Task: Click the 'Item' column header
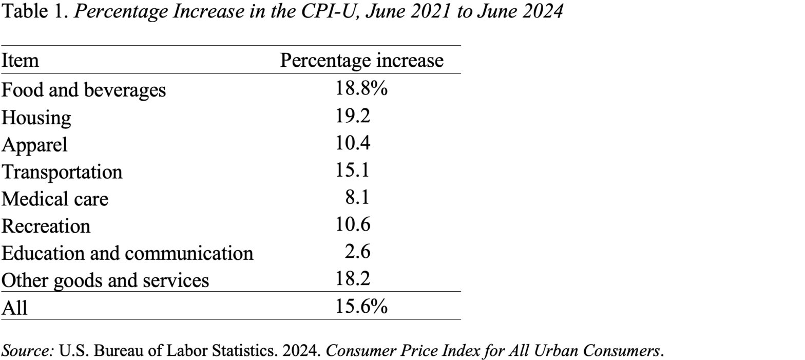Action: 20,61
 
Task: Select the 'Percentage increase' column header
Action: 361,61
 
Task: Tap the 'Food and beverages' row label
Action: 83,90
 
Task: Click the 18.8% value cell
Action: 361,88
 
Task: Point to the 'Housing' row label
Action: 36,118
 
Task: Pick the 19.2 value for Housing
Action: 353,116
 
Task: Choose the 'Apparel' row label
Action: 34,144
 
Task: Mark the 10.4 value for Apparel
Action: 353,143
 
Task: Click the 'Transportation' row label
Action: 62,172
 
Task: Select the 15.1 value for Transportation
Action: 353,170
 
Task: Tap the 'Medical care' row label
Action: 55,199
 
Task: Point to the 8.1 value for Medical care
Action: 358,197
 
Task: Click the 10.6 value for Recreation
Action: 353,224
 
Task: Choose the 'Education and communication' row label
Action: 127,253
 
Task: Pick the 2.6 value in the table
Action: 358,252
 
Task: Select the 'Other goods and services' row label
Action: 105,280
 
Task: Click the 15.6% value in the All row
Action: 361,307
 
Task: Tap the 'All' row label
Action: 14,307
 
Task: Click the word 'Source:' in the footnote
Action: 28,351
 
